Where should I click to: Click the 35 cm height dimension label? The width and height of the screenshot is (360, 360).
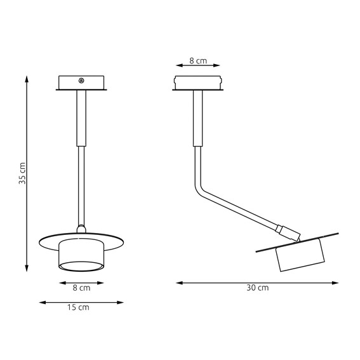[22, 173]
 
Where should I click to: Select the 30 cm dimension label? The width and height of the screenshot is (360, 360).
[257, 288]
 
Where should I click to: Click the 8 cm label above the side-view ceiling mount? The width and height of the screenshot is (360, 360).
[198, 61]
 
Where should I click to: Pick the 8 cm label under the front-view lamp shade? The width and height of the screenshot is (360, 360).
[81, 288]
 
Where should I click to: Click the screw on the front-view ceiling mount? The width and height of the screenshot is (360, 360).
[81, 81]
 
